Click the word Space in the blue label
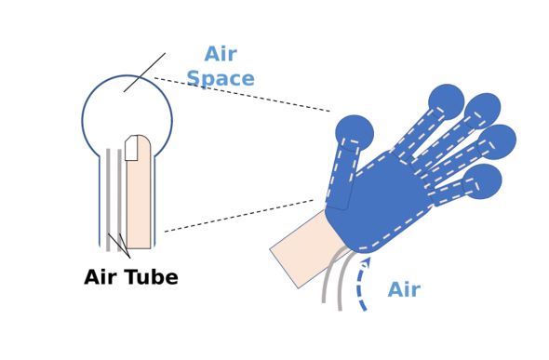coord(221,79)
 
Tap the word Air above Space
coord(221,54)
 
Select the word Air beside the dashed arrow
coord(404,289)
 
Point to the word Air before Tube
coord(100,277)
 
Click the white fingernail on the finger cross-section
coord(131,148)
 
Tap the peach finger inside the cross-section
coord(139,196)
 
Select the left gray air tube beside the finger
coord(108,200)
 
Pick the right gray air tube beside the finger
coord(119,200)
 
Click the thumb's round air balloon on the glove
coord(355,133)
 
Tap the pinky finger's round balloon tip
coord(482,181)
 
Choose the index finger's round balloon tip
coord(447,101)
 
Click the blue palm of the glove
coord(380,199)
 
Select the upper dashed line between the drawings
coord(242,95)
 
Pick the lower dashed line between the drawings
coord(239,216)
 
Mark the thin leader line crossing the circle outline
coord(144,73)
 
